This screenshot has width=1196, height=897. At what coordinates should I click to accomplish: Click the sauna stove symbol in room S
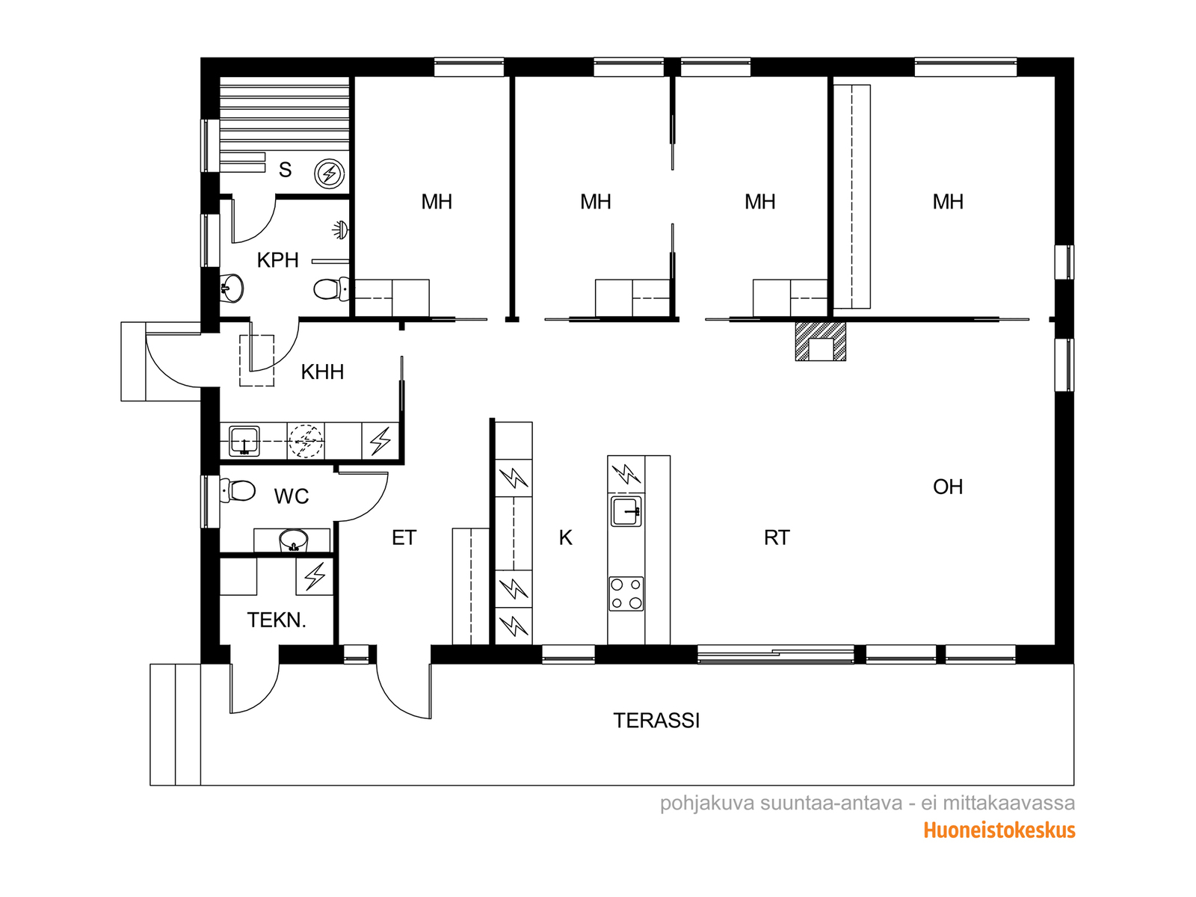pos(329,174)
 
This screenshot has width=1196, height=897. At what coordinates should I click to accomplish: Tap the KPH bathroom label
pos(278,260)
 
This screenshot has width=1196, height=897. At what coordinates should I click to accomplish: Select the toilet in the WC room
pos(238,490)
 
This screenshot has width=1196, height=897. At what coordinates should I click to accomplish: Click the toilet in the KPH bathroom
pos(331,289)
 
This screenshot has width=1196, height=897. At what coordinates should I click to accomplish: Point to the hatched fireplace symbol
pos(821,341)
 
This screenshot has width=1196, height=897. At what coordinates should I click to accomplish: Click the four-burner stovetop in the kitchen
pos(626,594)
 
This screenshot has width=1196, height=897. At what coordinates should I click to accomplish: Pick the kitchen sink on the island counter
pos(626,511)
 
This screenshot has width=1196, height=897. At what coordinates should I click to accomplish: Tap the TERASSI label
pos(656,721)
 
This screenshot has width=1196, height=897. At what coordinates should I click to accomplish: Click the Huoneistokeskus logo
pos(999,830)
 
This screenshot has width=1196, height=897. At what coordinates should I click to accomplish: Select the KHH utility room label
pos(322,372)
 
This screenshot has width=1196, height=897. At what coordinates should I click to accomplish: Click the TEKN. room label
pos(277,620)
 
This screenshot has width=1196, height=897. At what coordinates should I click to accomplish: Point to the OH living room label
pos(948,487)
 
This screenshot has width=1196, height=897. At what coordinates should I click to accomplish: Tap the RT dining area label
pos(777,537)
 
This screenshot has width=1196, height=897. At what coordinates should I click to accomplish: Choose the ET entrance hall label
pos(404,537)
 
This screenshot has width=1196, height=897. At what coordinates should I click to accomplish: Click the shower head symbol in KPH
pos(340,229)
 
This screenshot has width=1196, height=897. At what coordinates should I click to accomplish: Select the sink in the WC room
pos(293,540)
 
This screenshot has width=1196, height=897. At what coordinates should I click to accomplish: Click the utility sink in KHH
pos(244,440)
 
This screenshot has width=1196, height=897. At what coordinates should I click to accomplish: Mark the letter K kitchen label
pos(565,537)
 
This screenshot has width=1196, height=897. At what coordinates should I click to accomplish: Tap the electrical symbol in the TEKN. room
pos(315,576)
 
